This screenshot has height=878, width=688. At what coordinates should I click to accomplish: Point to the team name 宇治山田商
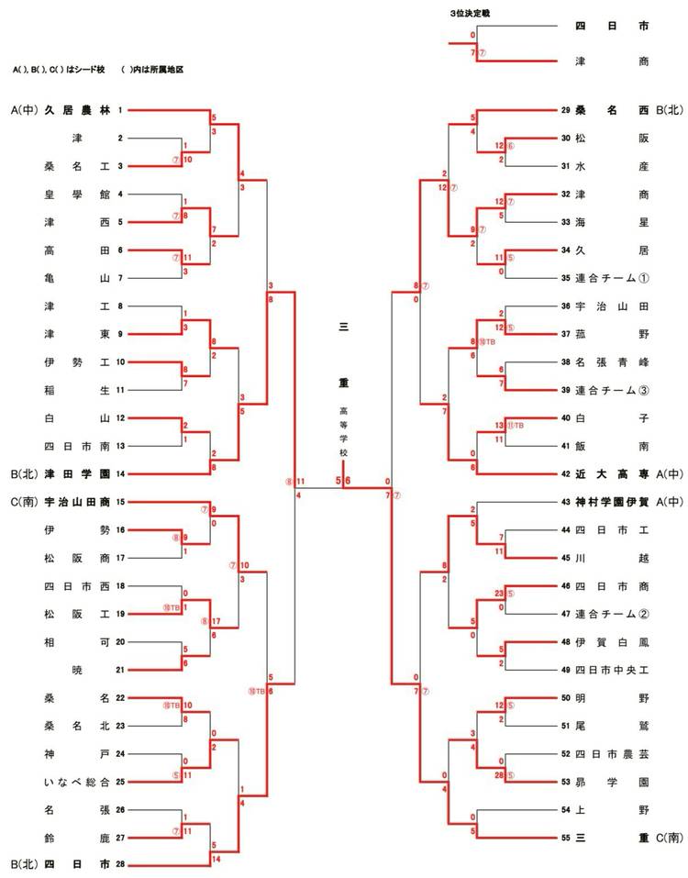[x=77, y=502]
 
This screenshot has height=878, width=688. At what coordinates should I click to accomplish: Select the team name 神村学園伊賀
[x=612, y=502]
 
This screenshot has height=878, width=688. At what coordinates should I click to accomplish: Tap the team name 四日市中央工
[x=612, y=670]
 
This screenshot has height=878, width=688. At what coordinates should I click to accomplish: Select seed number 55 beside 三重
[x=566, y=837]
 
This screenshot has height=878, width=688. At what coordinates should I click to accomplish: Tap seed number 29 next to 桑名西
[x=566, y=110]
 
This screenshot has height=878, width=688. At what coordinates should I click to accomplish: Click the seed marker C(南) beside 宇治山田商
[x=26, y=502]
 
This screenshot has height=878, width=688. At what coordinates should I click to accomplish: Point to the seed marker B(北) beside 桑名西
[x=670, y=110]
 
